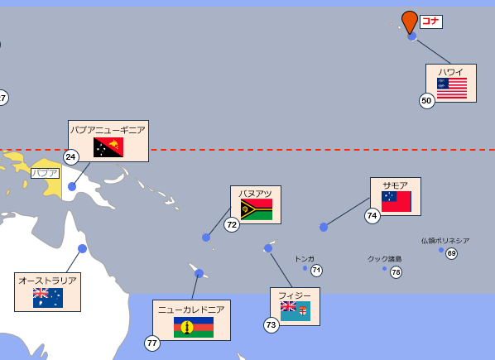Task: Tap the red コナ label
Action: tap(431, 22)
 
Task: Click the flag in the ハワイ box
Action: tap(452, 88)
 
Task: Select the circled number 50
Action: tap(427, 101)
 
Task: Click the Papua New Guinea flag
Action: tap(108, 147)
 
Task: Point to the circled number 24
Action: tap(71, 156)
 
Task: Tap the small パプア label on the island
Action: tap(45, 173)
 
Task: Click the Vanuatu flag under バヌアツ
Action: tap(257, 209)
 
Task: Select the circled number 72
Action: tap(232, 224)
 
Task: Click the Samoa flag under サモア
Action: tap(396, 201)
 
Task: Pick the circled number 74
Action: tap(372, 216)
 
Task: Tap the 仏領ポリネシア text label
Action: tap(445, 241)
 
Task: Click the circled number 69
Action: tap(451, 253)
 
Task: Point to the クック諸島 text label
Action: tap(384, 259)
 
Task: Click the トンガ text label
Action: tap(305, 259)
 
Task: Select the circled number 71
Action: tap(316, 271)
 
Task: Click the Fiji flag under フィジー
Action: tap(296, 311)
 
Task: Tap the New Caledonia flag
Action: tap(194, 327)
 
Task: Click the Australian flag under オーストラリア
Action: tap(48, 298)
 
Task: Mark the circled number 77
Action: tap(152, 343)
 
